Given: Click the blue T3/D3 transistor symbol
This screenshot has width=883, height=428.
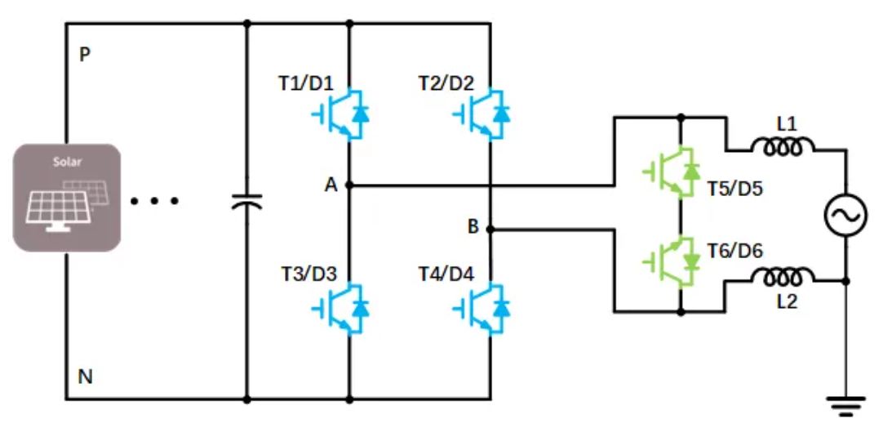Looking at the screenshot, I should click(x=340, y=308).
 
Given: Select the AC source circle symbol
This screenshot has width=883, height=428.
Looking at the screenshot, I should click(x=844, y=216).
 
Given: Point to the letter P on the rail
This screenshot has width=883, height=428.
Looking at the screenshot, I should click(x=84, y=55).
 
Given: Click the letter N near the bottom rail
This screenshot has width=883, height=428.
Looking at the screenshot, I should click(x=84, y=377).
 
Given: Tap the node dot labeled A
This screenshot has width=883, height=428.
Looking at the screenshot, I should click(x=349, y=185).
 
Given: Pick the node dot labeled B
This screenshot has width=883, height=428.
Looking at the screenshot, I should click(x=490, y=230).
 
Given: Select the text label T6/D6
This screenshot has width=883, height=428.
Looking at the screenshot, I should click(x=734, y=251).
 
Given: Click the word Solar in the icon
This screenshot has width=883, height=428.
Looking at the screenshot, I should click(x=67, y=162).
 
